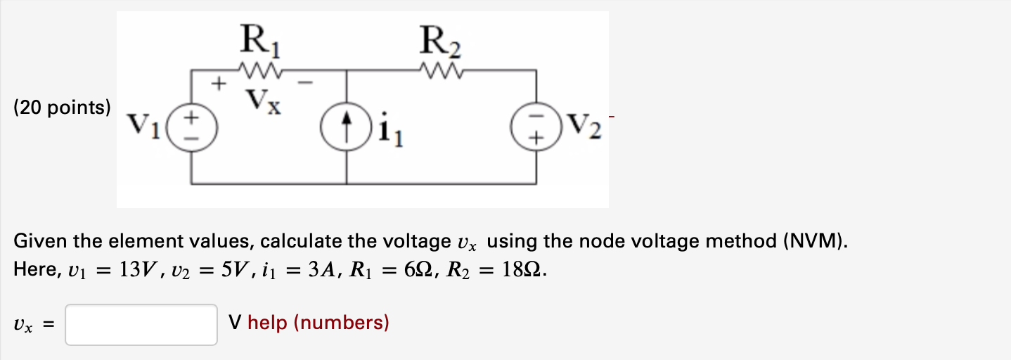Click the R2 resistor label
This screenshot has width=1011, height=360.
(441, 41)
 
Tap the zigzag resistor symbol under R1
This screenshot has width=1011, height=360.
(262, 70)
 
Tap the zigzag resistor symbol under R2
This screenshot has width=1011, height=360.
(442, 70)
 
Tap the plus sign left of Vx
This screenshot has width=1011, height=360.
(219, 86)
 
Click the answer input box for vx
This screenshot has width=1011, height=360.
(141, 324)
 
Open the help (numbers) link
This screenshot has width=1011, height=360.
(318, 323)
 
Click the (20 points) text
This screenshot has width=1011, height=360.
(62, 108)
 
